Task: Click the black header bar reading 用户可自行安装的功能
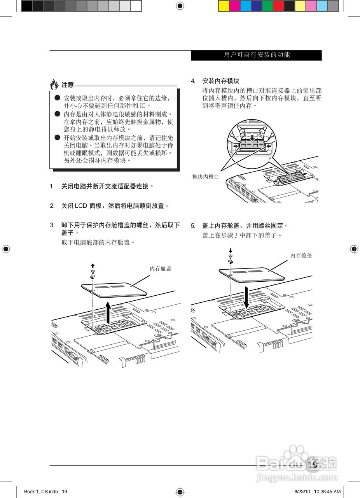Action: coord(256,55)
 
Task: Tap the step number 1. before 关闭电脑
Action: coord(52,186)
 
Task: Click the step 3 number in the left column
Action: coord(52,225)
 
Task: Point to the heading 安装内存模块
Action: coord(220,81)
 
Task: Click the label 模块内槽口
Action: coord(206,177)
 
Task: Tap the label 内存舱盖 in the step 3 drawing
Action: coord(161,268)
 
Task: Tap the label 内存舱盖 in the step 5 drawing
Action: coord(301,256)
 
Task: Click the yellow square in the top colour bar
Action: coord(224,5)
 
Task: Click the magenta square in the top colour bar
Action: coord(234,5)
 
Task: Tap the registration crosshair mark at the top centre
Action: coord(180,5)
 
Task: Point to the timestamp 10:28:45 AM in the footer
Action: coord(327,491)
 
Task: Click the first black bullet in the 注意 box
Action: coord(57,97)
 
